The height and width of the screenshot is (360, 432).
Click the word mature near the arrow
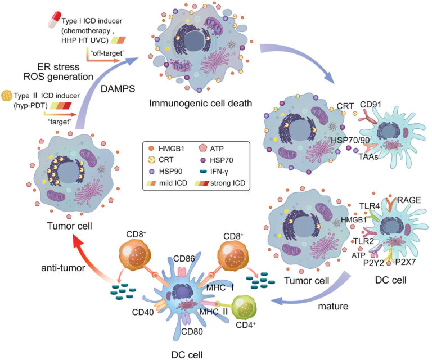pos(335,308)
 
